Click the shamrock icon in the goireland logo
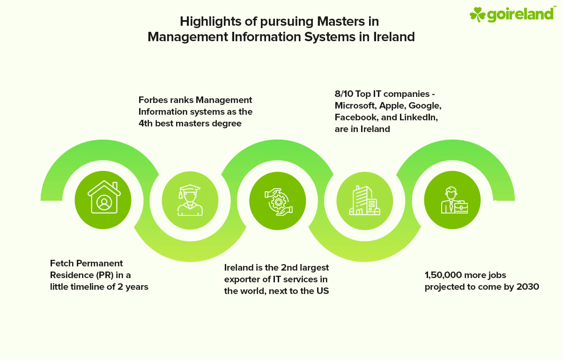pyautogui.click(x=478, y=14)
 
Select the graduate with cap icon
pyautogui.click(x=190, y=200)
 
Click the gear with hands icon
pyautogui.click(x=278, y=200)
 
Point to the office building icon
pyautogui.click(x=365, y=200)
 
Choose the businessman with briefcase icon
pyautogui.click(x=452, y=200)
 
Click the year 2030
pyautogui.click(x=528, y=287)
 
